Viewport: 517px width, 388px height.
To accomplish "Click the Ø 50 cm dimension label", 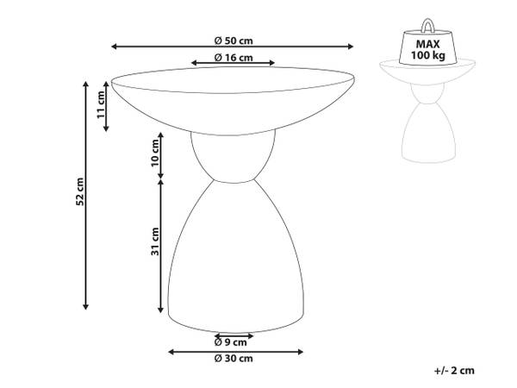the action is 234,41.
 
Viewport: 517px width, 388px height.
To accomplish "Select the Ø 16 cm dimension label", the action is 234,58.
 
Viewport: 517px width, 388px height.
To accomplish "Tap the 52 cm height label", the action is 80,191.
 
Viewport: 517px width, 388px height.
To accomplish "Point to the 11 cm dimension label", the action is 101,104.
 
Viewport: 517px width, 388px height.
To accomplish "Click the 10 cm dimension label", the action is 154,153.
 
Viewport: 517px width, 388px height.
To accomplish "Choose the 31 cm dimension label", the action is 155,241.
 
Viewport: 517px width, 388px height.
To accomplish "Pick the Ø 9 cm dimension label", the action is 230,342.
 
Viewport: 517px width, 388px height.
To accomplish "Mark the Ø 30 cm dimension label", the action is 234,358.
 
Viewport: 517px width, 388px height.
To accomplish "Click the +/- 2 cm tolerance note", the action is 454,371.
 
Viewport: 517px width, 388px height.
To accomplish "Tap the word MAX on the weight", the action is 427,44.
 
